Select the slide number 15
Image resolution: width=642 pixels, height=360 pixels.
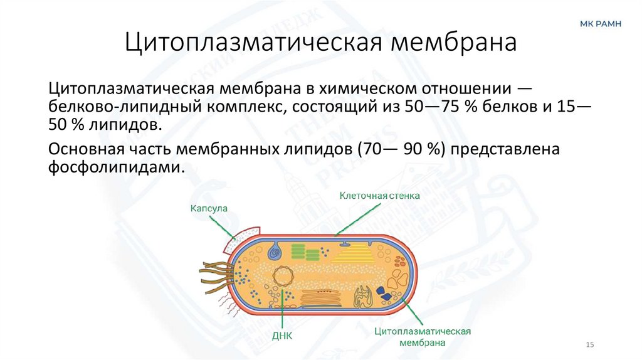tap(589, 346)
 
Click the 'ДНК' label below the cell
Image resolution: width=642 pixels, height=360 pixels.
tap(282, 335)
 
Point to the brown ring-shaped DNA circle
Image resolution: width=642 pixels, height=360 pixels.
tap(283, 276)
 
